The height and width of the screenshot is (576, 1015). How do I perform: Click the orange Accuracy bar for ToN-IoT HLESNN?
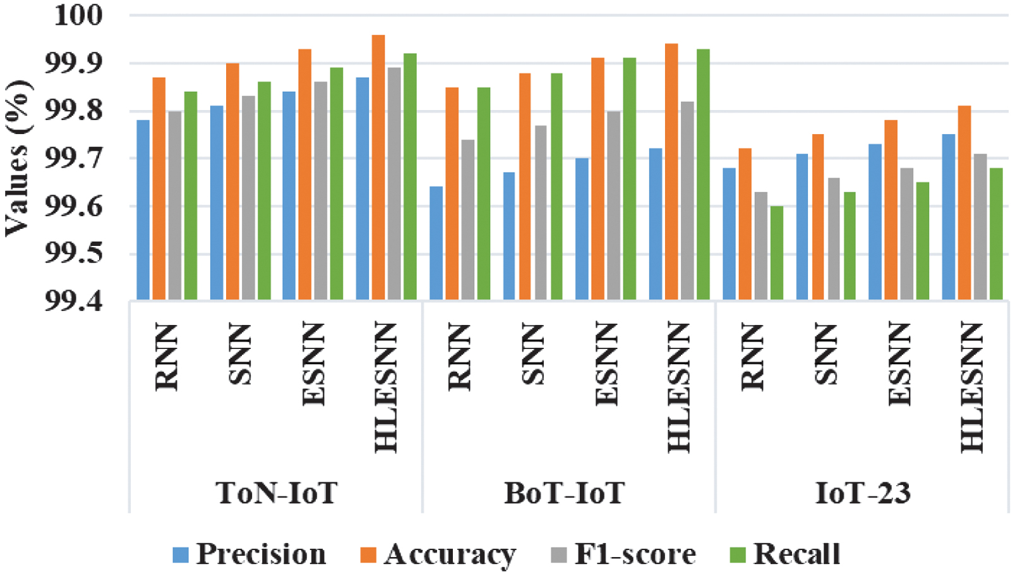click(x=378, y=167)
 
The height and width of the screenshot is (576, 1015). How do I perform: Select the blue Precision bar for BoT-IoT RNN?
click(x=436, y=243)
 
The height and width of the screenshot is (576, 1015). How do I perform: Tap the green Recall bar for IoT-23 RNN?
click(x=777, y=253)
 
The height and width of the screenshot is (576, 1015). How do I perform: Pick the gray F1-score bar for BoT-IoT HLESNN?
click(x=687, y=200)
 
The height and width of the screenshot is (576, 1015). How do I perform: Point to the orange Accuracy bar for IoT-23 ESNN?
click(x=891, y=209)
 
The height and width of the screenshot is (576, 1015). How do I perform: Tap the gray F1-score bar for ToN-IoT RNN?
click(x=174, y=205)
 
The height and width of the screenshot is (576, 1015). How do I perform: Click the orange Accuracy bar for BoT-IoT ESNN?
click(x=598, y=178)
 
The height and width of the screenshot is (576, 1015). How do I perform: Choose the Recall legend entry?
click(x=796, y=555)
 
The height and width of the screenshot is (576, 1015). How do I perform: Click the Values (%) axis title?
click(x=18, y=158)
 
